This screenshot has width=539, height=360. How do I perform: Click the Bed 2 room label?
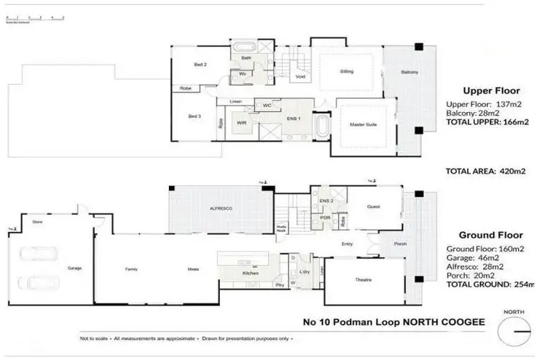[200, 65]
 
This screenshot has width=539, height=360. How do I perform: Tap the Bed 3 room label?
[194, 116]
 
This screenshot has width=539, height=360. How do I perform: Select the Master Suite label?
[364, 124]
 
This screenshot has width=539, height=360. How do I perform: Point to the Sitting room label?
[346, 72]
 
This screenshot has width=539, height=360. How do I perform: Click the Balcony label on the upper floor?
[410, 72]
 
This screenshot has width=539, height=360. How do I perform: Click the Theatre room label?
[362, 280]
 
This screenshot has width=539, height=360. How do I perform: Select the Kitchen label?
[249, 273]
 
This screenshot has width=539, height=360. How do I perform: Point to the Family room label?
[132, 269]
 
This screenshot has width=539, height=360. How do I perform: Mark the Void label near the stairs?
[300, 76]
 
